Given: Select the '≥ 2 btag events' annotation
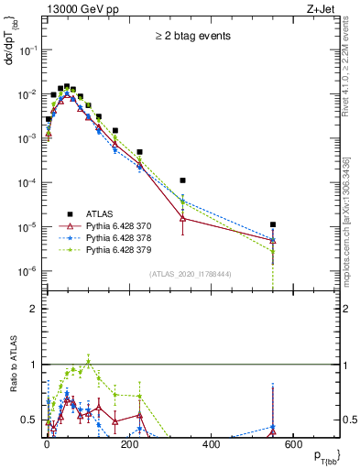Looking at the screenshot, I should click(x=191, y=37).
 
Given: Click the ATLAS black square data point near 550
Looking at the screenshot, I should click(x=273, y=224).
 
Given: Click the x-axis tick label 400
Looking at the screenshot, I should click(x=211, y=444).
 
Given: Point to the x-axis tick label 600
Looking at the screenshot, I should click(x=294, y=444).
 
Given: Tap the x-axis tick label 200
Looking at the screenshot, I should click(x=128, y=444).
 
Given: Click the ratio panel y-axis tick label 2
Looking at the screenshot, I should click(x=34, y=309).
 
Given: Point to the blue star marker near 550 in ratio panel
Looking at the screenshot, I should click(x=273, y=427).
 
